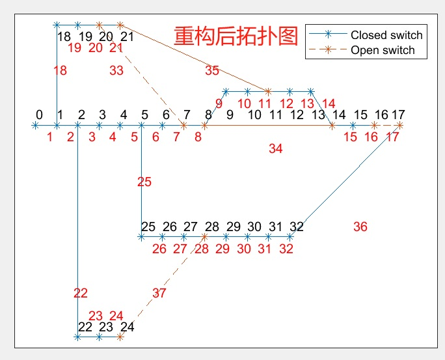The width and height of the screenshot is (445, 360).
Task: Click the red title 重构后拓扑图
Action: [236, 36]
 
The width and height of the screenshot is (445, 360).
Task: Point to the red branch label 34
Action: [276, 149]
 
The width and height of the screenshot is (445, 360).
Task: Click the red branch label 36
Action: [360, 227]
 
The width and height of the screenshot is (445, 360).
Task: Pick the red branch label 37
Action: [159, 293]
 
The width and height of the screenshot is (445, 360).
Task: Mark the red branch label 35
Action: [212, 70]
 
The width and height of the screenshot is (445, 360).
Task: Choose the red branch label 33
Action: [116, 71]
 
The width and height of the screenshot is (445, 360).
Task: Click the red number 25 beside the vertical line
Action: [144, 182]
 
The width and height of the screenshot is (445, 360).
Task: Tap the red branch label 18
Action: [60, 71]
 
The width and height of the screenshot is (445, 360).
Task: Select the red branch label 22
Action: [80, 293]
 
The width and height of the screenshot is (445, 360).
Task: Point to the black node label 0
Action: [40, 115]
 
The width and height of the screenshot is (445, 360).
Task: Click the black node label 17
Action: [398, 115]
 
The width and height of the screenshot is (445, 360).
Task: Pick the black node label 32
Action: [297, 227]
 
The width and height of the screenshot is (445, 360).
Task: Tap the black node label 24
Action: [128, 327]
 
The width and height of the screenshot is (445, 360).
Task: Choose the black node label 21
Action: [128, 36]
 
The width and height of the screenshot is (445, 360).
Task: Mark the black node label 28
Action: [212, 227]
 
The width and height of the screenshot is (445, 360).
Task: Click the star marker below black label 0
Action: [35, 125]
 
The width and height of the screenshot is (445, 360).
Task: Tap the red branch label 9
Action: [219, 103]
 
